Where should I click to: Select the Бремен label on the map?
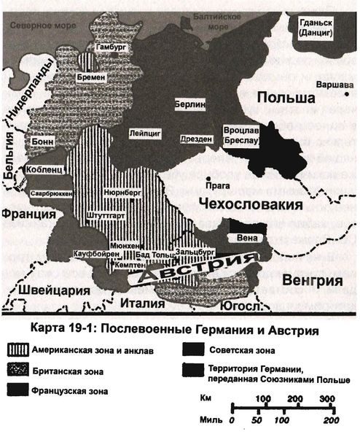(x=96, y=77)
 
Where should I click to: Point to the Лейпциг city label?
(x=146, y=135)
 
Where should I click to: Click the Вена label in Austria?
(x=243, y=238)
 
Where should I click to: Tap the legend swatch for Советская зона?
(x=194, y=348)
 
